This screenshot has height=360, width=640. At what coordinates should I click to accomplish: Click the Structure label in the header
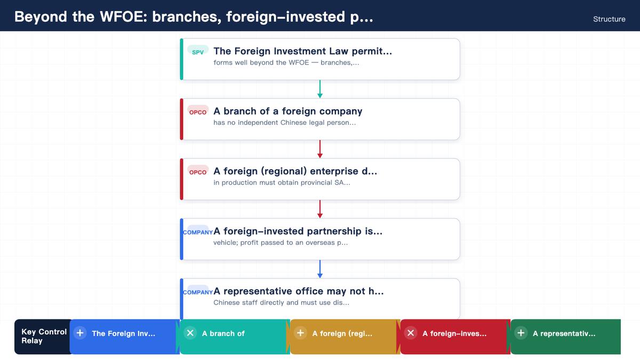pyautogui.click(x=609, y=19)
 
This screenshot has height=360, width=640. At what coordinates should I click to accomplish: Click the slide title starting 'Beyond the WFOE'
pyautogui.click(x=194, y=17)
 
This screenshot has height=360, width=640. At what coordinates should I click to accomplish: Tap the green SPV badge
pyautogui.click(x=198, y=51)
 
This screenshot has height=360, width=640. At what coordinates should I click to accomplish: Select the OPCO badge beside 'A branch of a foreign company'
pyautogui.click(x=198, y=111)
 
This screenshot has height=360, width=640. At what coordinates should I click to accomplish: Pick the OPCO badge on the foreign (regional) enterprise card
pyautogui.click(x=198, y=171)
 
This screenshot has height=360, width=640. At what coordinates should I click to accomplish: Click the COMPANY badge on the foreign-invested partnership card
pyautogui.click(x=198, y=232)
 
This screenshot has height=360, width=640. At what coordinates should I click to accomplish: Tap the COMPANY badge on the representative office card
pyautogui.click(x=198, y=292)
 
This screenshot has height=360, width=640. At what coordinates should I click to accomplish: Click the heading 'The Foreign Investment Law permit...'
pyautogui.click(x=302, y=51)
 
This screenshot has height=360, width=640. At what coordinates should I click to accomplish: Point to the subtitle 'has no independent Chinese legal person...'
pyautogui.click(x=285, y=123)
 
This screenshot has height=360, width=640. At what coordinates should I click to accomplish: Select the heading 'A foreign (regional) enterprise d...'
pyautogui.click(x=295, y=171)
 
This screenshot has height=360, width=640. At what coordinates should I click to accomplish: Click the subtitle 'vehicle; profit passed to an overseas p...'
pyautogui.click(x=281, y=243)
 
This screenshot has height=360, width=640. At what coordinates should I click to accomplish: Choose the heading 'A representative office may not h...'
pyautogui.click(x=299, y=291)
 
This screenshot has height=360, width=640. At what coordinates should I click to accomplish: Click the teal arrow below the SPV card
pyautogui.click(x=319, y=89)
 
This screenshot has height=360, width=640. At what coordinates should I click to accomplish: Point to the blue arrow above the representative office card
pyautogui.click(x=319, y=269)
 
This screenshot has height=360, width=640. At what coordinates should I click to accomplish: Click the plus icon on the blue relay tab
pyautogui.click(x=80, y=333)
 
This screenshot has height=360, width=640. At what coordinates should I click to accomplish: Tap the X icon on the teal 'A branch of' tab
pyautogui.click(x=190, y=333)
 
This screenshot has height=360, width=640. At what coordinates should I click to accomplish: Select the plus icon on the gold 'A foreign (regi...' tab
pyautogui.click(x=300, y=333)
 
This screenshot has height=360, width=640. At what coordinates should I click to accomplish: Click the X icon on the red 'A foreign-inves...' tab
pyautogui.click(x=411, y=333)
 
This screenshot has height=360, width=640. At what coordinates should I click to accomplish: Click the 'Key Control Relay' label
pyautogui.click(x=44, y=337)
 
